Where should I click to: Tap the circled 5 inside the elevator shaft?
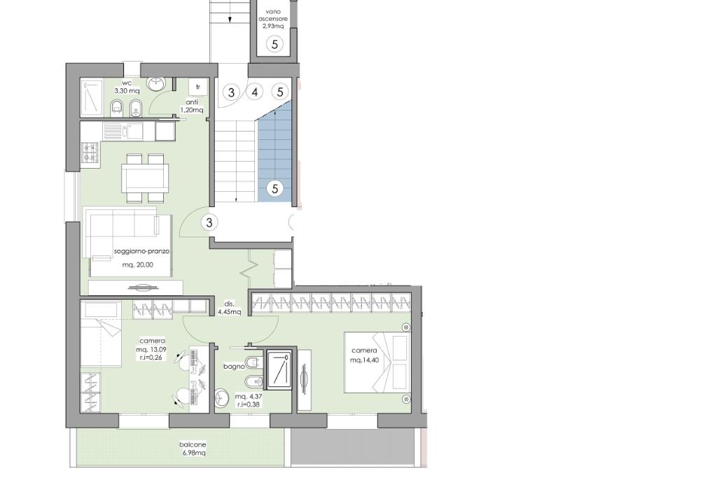(x=274, y=44)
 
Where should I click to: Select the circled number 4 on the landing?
(x=255, y=92)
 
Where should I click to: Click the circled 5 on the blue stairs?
(x=274, y=188)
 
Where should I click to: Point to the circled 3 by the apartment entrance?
(x=209, y=223)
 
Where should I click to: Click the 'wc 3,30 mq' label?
(x=127, y=87)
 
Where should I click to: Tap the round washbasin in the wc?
(x=156, y=83)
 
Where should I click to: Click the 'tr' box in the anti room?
(x=198, y=87)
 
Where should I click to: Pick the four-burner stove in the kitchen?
(x=90, y=153)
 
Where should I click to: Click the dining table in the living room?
(x=144, y=178)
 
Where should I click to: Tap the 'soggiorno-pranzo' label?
(x=141, y=251)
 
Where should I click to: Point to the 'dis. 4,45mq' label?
(x=229, y=308)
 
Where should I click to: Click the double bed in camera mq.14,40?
(x=377, y=362)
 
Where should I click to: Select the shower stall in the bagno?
(x=279, y=370)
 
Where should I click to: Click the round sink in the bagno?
(x=222, y=398)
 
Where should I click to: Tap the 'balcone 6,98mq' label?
(x=193, y=449)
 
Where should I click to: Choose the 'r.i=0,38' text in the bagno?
(x=249, y=405)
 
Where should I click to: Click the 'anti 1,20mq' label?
(x=192, y=106)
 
